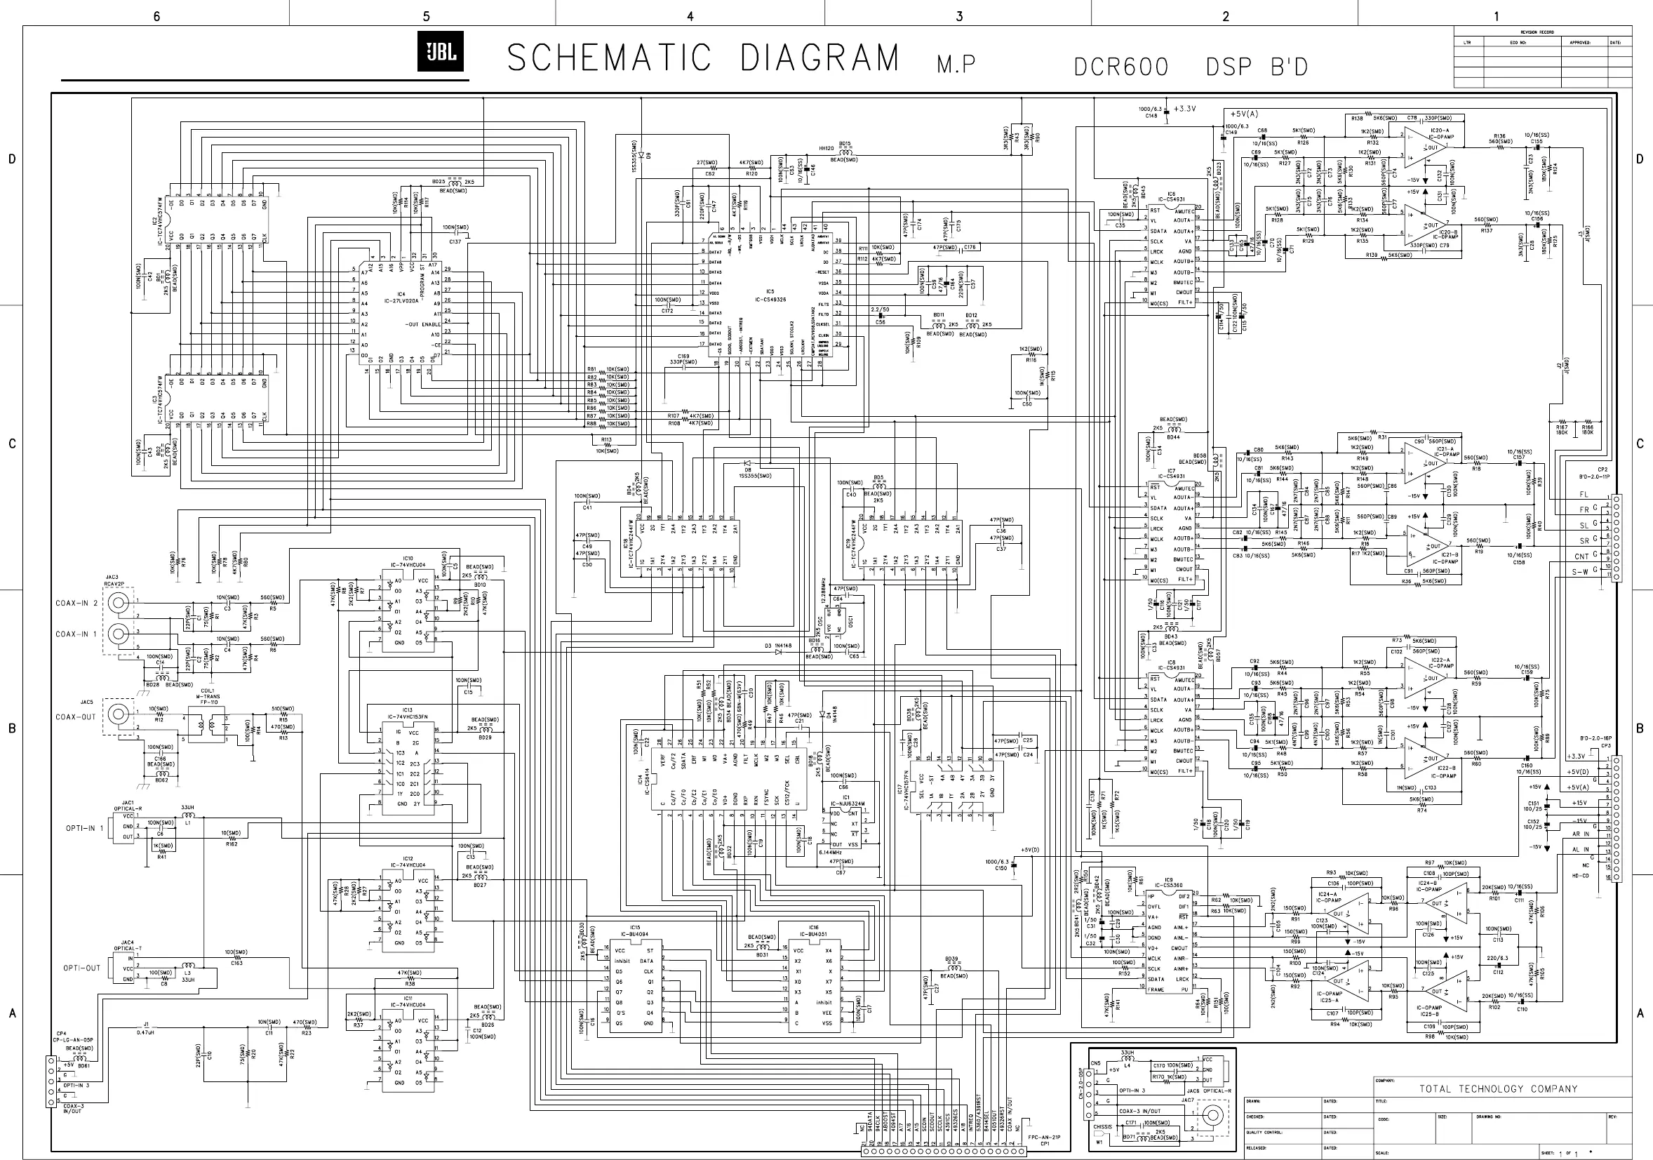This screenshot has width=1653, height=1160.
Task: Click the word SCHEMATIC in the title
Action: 608,58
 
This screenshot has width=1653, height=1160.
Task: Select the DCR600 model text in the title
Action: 1121,67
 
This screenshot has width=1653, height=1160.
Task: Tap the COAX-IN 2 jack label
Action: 76,604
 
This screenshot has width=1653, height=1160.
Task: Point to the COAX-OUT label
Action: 76,717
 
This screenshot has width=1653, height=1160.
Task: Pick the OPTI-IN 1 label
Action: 85,828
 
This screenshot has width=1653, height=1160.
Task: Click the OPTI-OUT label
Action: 82,968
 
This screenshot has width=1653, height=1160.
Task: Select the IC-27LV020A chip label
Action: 401,300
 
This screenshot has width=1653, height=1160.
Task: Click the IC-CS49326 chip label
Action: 770,299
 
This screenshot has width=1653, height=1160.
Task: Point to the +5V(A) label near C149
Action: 1244,114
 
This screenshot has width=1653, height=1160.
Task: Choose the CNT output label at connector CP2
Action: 1581,556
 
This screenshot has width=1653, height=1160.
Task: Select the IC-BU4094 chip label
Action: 634,933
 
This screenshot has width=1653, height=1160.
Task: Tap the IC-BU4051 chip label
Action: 814,933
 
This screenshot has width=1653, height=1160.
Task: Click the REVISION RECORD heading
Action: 1537,32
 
